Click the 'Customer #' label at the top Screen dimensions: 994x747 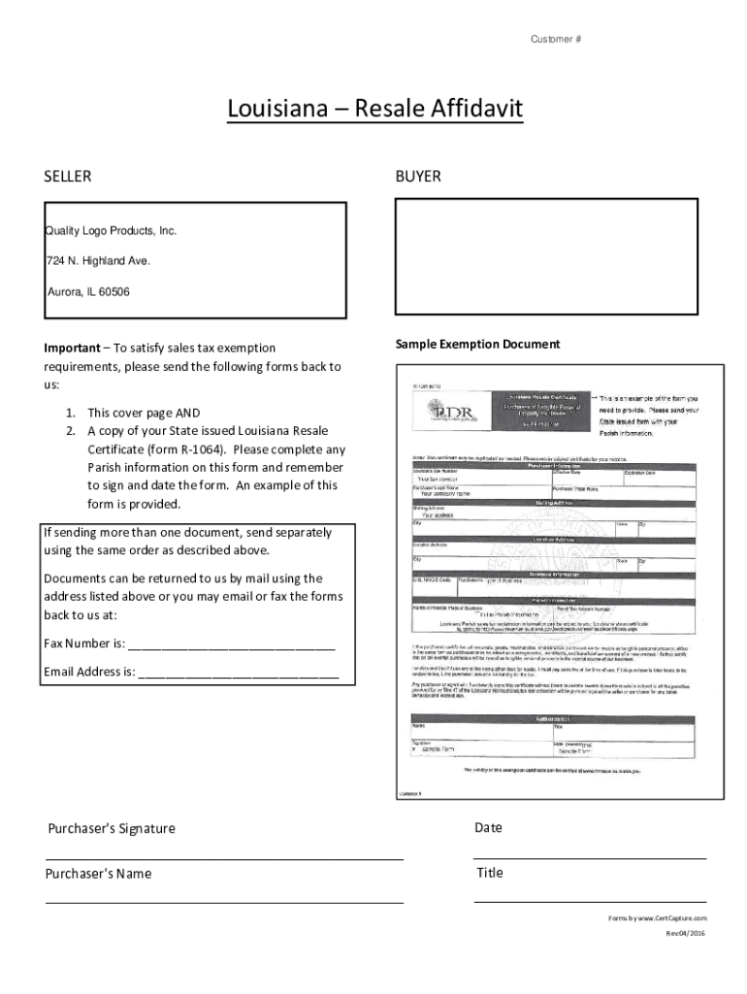pos(555,39)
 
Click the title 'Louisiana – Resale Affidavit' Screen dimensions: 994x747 pos(374,109)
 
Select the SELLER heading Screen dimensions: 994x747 pos(68,177)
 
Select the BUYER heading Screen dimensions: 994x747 pos(418,177)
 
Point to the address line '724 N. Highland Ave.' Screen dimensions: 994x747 pos(98,261)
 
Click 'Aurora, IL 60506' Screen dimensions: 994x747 pos(88,291)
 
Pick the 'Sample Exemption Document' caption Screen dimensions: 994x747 pos(477,345)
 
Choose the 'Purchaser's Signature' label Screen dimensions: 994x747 pos(112,829)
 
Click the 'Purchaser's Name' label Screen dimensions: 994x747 pos(100,874)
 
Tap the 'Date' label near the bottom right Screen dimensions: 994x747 pos(488,828)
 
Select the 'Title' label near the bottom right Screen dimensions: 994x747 pos(490,873)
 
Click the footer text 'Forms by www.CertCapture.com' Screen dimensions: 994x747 pos(657,917)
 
